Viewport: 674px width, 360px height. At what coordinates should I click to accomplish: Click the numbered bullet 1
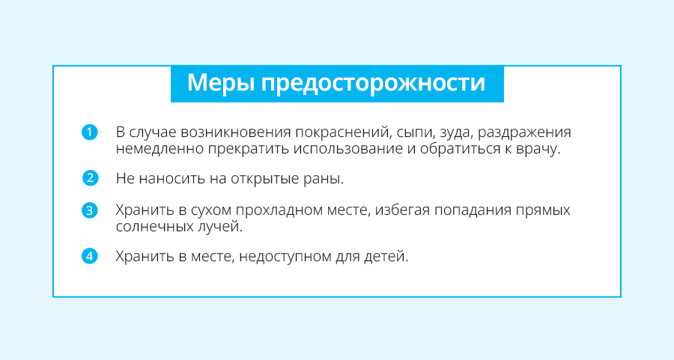click(89, 132)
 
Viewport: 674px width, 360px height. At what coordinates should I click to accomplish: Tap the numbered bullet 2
click(91, 178)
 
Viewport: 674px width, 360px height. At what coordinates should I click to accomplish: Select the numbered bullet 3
click(89, 210)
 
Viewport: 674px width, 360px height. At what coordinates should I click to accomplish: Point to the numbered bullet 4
click(89, 257)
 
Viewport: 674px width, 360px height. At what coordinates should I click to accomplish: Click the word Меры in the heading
click(221, 82)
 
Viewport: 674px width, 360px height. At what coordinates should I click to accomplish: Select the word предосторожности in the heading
click(373, 83)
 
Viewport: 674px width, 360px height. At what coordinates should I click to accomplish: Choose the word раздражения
click(524, 132)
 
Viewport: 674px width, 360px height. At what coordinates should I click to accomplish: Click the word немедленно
click(160, 149)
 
